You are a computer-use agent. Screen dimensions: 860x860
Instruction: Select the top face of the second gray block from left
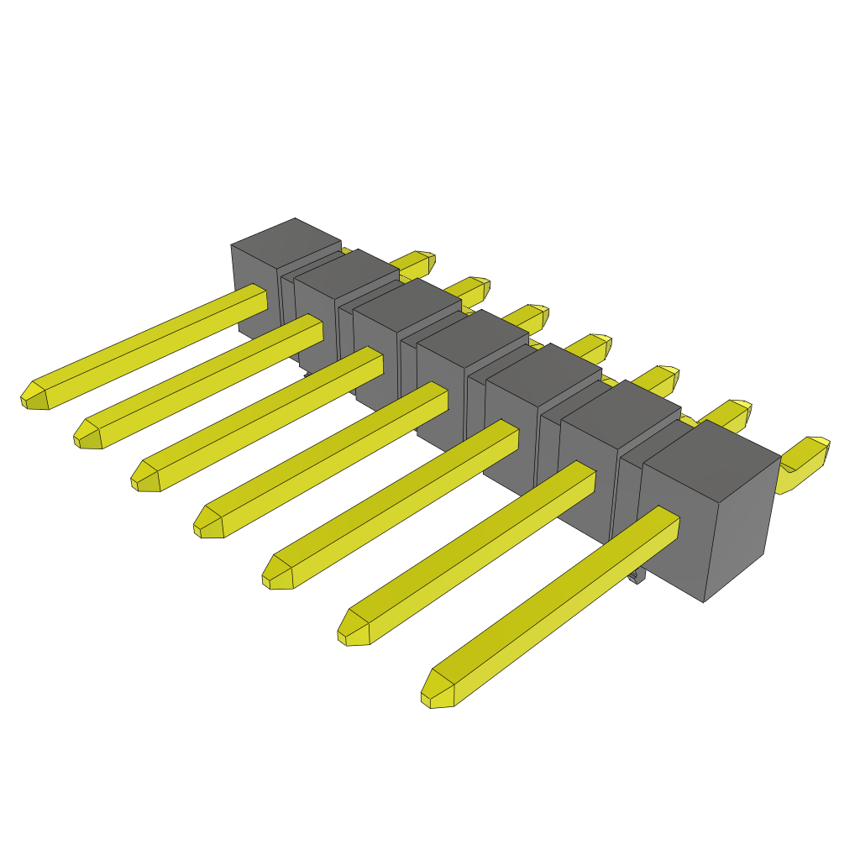pyautogui.click(x=346, y=272)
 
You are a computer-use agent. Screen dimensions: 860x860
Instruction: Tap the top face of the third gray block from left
pyautogui.click(x=406, y=302)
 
